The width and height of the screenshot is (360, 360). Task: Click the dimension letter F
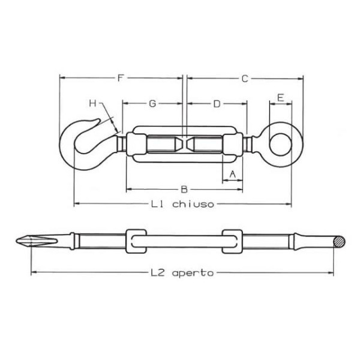point(121,78)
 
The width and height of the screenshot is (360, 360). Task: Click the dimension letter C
point(245,79)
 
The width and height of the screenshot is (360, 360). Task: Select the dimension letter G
point(152,104)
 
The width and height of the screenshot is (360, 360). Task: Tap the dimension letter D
point(217,104)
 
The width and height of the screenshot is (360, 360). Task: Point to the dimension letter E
point(280,98)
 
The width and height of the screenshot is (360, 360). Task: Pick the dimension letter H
point(93,104)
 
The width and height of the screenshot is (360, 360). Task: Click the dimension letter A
point(233,175)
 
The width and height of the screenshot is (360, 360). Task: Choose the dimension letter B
point(184,190)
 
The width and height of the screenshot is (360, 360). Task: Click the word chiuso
point(193,203)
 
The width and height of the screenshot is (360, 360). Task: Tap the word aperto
point(193,273)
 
